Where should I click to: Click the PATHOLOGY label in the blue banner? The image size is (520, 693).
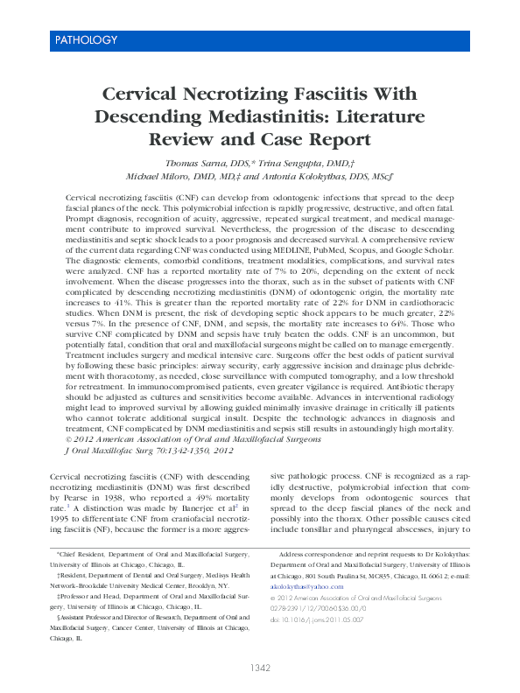(x=86, y=40)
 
